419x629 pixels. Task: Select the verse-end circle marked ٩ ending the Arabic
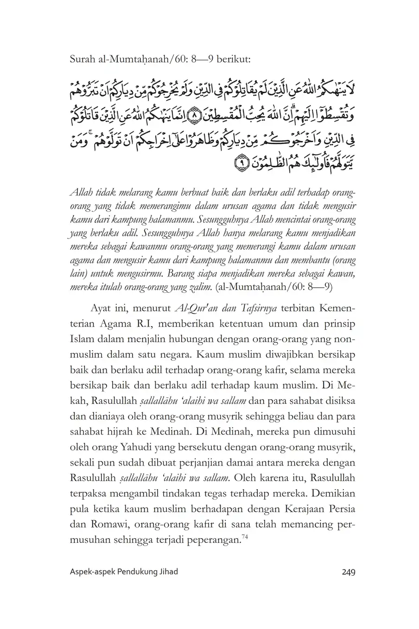coord(240,163)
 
